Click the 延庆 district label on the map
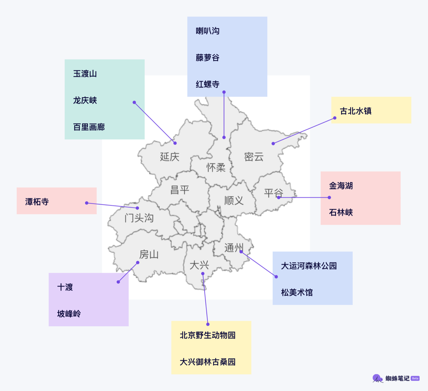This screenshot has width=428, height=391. [170, 157]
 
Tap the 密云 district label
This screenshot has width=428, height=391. [254, 157]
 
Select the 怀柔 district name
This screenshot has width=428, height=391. [216, 167]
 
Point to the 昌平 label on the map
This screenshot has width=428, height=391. [179, 190]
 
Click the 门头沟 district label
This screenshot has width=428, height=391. [139, 218]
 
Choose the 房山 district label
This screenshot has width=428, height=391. [149, 254]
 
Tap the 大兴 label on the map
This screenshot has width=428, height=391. [199, 265]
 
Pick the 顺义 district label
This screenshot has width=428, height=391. [234, 200]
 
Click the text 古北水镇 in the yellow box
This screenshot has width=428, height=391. [356, 111]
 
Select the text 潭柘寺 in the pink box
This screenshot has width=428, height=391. [37, 202]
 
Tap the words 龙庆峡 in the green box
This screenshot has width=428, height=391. [85, 100]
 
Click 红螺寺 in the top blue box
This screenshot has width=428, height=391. [208, 84]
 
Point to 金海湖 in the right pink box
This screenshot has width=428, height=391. [341, 186]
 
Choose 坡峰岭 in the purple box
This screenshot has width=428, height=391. [69, 314]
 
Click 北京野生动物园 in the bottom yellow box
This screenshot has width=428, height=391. [208, 335]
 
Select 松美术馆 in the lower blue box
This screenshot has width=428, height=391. [297, 292]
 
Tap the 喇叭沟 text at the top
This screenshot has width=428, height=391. [208, 31]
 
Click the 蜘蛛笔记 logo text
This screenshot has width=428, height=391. [397, 378]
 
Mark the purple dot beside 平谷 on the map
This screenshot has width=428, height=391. [279, 197]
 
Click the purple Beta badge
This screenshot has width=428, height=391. [415, 378]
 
